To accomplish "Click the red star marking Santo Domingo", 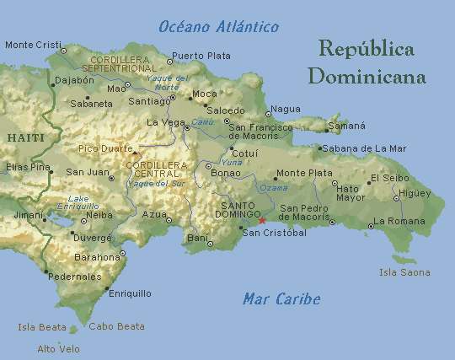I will [262, 221].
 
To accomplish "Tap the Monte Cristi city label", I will [33, 45].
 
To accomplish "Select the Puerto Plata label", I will [201, 56].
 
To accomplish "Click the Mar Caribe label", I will [281, 298].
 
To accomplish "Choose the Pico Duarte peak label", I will [104, 148].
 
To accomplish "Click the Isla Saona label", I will [404, 272].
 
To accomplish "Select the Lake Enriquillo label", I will [78, 201].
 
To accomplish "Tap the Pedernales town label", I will [74, 277].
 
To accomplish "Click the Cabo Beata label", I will [116, 326].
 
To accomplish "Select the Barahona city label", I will [98, 256].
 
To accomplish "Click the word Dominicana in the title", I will [367, 77].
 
